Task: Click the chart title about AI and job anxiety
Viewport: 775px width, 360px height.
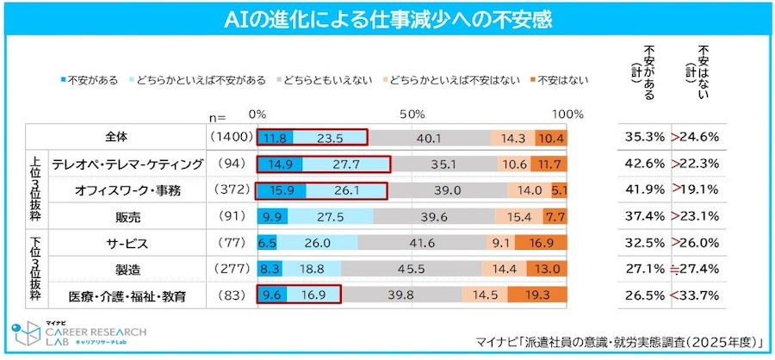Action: pos(387,17)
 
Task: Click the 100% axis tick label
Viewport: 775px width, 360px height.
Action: pos(567,115)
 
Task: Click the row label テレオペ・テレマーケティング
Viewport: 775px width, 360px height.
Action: pos(127,164)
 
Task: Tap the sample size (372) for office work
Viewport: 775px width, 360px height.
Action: pos(228,190)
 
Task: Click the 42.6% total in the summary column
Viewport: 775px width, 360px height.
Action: pos(642,164)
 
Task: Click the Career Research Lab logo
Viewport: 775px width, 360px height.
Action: pos(77,336)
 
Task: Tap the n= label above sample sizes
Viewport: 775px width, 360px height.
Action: pos(216,116)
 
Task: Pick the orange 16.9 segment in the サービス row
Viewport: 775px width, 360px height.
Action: pos(542,244)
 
